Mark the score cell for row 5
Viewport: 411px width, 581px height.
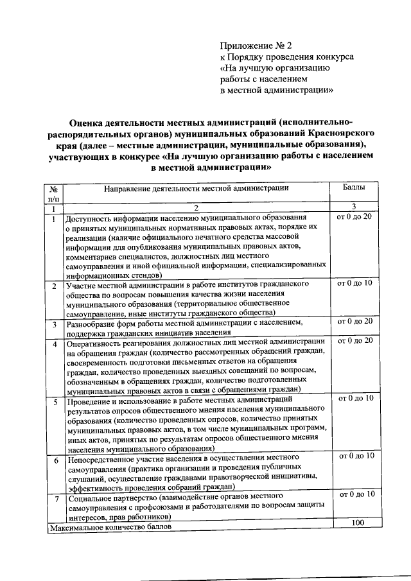point(354,398)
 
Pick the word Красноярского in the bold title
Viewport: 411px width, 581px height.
point(344,133)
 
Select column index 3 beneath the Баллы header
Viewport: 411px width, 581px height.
point(354,206)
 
